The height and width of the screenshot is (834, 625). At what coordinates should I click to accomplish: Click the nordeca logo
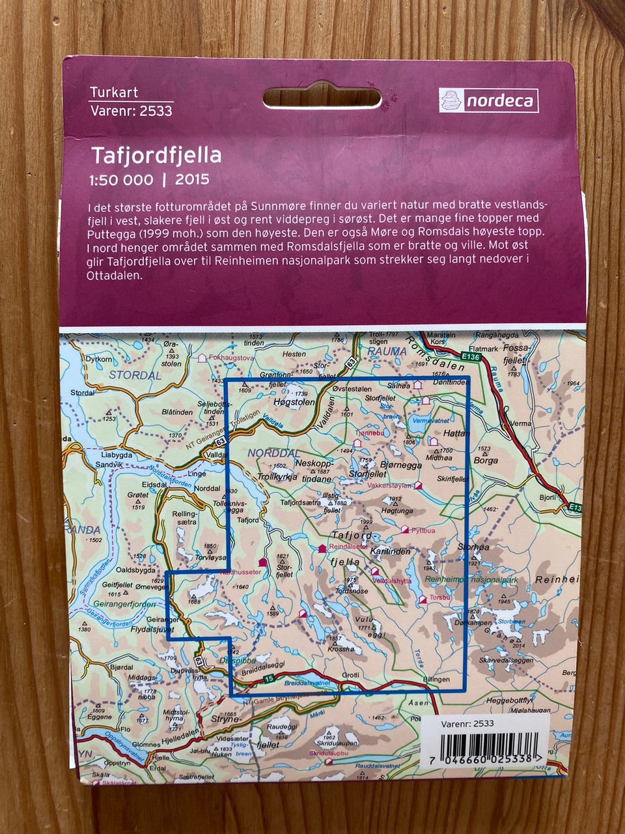coord(488,100)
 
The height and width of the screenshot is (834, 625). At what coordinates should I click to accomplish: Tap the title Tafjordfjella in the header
coord(156,156)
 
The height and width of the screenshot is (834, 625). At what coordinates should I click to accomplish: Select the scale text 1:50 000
coord(122,180)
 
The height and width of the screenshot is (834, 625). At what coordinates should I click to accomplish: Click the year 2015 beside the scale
coord(192,179)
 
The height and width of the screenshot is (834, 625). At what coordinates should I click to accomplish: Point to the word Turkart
coord(114,93)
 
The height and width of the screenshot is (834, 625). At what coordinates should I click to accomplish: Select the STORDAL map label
coord(135,375)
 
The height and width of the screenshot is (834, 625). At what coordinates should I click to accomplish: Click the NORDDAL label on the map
coord(273,453)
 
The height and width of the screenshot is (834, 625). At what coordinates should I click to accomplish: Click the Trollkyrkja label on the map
coord(277,477)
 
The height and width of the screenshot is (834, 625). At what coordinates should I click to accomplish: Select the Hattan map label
coord(456,432)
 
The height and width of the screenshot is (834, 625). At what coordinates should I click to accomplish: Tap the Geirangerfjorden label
coord(130,605)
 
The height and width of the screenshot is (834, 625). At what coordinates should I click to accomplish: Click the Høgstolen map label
coord(294,403)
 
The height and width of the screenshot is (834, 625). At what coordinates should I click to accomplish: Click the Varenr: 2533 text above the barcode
coord(475,723)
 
